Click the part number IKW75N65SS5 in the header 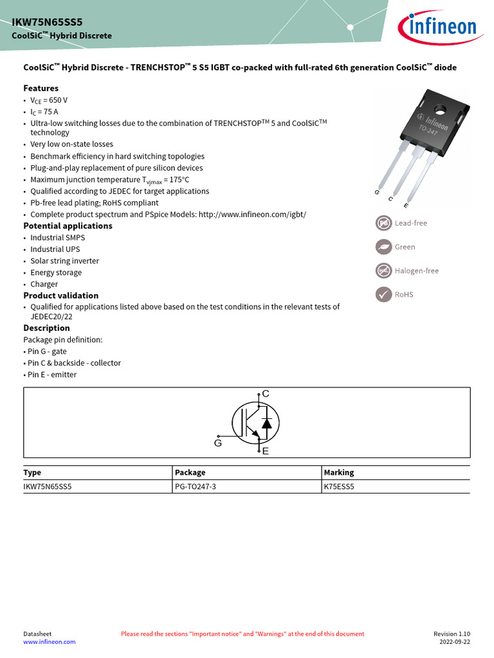pos(47,21)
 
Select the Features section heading pos(41,88)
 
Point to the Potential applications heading pos(68,226)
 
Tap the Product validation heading pos(60,296)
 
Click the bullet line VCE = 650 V pos(49,101)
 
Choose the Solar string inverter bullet pos(64,261)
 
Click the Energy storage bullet pos(56,272)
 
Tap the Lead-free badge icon pos(383,223)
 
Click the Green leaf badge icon pos(383,247)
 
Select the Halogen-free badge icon pos(383,271)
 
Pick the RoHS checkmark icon pos(383,294)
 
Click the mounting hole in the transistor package pos(440,109)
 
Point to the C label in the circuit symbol pos(266,394)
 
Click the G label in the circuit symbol pos(217,443)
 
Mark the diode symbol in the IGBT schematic pos(267,423)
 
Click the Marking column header pos(338,472)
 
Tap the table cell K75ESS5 pos(339,487)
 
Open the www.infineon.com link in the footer pos(49,642)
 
